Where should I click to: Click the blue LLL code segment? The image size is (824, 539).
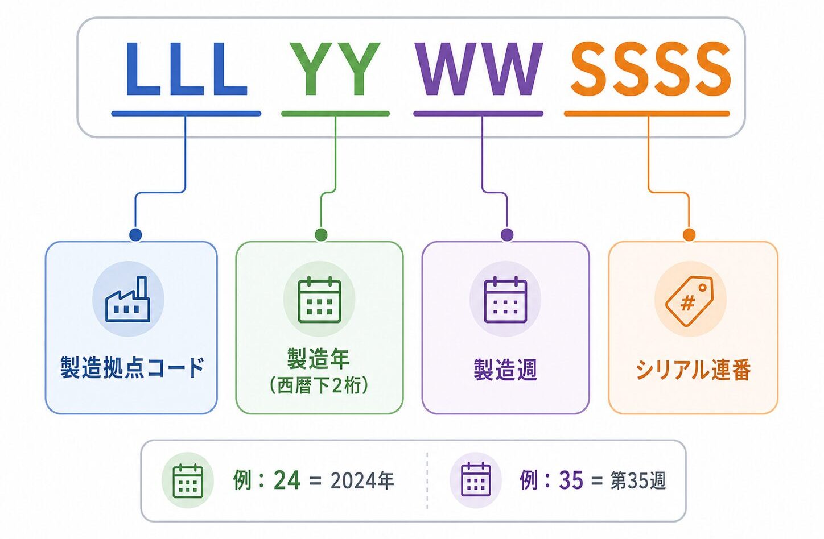(x=186, y=69)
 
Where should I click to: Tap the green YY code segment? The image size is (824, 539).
(x=335, y=69)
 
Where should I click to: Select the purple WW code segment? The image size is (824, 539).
(x=479, y=69)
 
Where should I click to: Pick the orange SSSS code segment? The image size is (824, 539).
(x=650, y=69)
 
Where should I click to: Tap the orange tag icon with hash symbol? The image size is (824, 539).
(x=689, y=301)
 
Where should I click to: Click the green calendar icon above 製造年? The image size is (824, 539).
(x=319, y=300)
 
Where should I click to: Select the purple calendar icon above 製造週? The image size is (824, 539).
(x=505, y=300)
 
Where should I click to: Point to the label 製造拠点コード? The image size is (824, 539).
(x=132, y=367)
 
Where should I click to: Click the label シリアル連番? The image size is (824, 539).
(x=693, y=370)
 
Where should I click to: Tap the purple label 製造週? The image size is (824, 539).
(x=505, y=370)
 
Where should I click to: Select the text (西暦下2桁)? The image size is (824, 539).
(x=319, y=386)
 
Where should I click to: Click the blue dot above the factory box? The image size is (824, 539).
(x=136, y=235)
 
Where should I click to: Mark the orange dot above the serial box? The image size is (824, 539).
(x=689, y=235)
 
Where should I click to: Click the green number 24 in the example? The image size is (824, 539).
(x=287, y=480)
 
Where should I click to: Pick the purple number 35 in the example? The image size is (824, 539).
(x=571, y=480)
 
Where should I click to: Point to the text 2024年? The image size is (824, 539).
(x=362, y=480)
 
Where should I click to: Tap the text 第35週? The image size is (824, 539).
(x=638, y=480)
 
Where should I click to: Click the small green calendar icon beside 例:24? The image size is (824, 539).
(x=188, y=480)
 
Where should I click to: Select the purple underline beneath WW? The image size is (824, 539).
(x=478, y=114)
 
